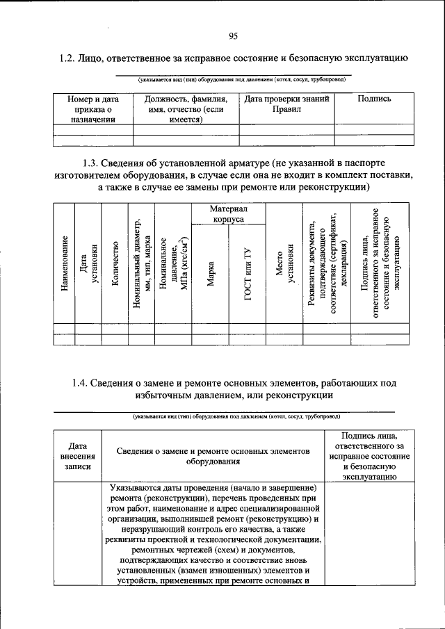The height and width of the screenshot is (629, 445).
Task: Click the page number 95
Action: [x=233, y=37]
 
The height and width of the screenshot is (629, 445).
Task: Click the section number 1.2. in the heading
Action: [x=70, y=58]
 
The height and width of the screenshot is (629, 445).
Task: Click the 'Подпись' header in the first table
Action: [x=374, y=99]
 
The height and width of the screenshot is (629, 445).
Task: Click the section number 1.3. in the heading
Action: [x=92, y=163]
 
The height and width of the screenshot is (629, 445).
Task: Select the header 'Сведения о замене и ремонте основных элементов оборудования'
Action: [x=213, y=456]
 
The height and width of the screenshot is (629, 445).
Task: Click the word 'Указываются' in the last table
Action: [x=136, y=489]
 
